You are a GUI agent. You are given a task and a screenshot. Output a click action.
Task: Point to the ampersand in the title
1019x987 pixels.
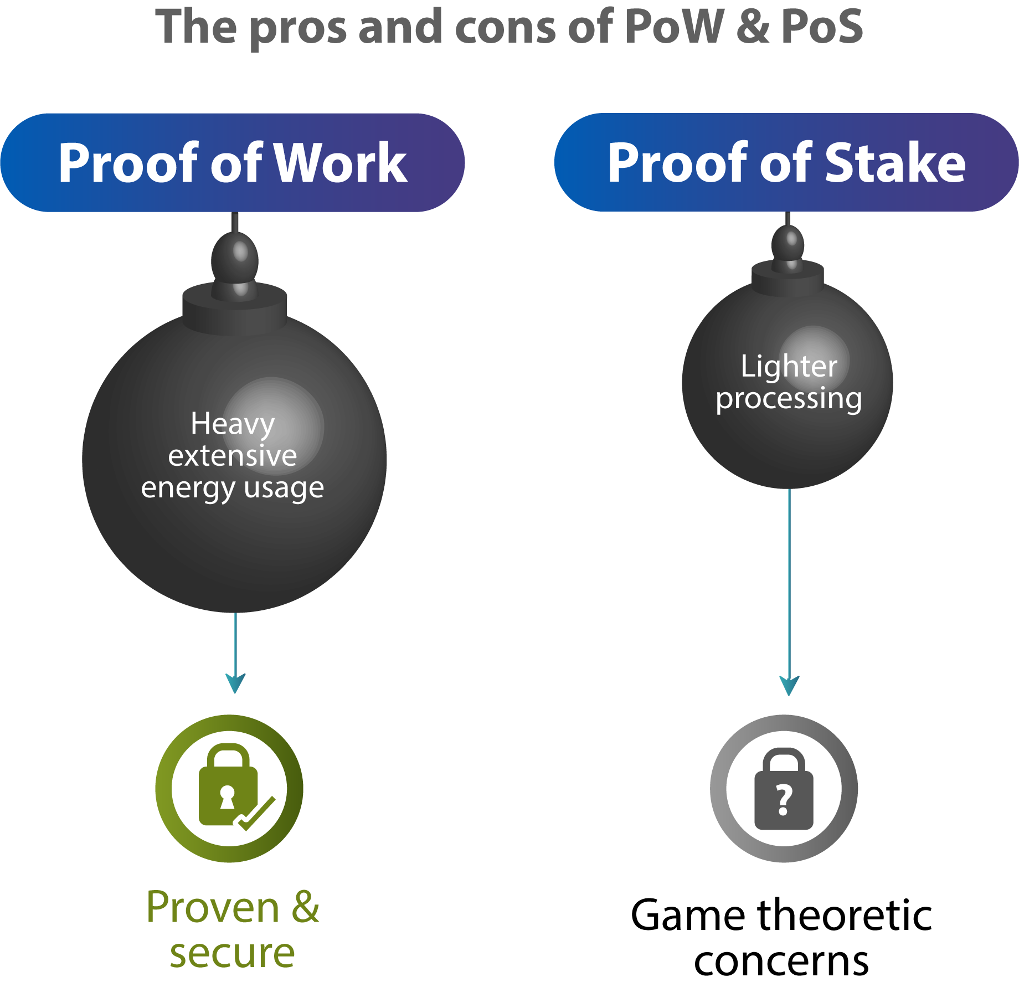pyautogui.click(x=752, y=28)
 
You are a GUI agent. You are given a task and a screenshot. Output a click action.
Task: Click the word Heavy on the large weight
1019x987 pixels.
pyautogui.click(x=233, y=425)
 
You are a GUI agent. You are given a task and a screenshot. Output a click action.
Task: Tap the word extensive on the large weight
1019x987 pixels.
pyautogui.click(x=233, y=456)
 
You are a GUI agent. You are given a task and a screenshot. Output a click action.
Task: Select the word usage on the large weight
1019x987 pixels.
pyautogui.click(x=284, y=489)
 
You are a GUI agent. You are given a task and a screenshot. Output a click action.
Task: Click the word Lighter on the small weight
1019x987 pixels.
pyautogui.click(x=789, y=367)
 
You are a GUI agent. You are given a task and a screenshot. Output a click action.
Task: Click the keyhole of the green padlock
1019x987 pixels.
pyautogui.click(x=227, y=796)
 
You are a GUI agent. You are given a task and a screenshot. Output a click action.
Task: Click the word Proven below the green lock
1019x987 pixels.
pyautogui.click(x=213, y=908)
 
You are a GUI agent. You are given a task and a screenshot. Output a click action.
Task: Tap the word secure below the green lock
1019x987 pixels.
pyautogui.click(x=233, y=954)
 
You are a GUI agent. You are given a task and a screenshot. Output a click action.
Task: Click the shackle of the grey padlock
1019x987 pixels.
pyautogui.click(x=784, y=759)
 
